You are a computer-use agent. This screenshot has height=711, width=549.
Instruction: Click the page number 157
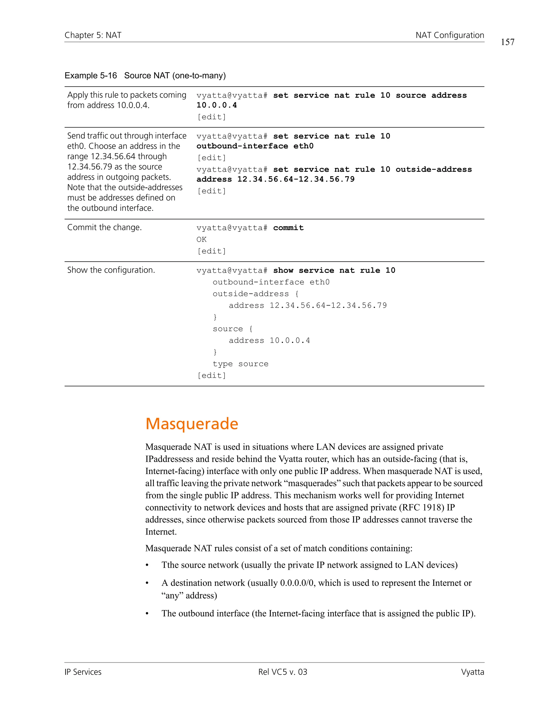tap(507, 42)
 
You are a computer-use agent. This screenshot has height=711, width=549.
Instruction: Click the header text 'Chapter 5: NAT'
tap(93, 35)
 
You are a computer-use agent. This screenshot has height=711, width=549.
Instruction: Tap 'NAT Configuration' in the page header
tap(450, 35)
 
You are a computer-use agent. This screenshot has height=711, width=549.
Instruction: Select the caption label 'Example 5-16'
tap(91, 76)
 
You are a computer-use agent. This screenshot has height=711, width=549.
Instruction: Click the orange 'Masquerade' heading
tap(192, 424)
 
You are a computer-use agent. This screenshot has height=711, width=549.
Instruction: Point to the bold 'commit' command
tap(288, 228)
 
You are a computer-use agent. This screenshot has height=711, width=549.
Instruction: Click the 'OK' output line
tap(201, 239)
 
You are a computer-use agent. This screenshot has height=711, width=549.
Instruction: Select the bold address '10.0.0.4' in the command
tap(217, 105)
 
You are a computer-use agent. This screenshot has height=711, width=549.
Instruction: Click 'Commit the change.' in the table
tap(104, 227)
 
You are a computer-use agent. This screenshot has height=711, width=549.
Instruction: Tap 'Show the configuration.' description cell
tap(111, 270)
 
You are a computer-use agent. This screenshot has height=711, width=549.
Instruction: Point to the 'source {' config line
tap(232, 329)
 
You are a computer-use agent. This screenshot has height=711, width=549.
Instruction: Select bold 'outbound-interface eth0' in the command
tap(255, 146)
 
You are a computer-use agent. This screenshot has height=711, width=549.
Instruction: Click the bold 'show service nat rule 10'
tap(334, 270)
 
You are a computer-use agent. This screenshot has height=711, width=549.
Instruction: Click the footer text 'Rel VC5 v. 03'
tap(283, 672)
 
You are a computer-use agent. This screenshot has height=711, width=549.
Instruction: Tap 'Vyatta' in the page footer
tap(472, 672)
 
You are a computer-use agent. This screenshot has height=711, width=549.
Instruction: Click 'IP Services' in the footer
tap(83, 672)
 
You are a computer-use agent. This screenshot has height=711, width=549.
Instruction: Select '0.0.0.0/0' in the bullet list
tap(297, 583)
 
